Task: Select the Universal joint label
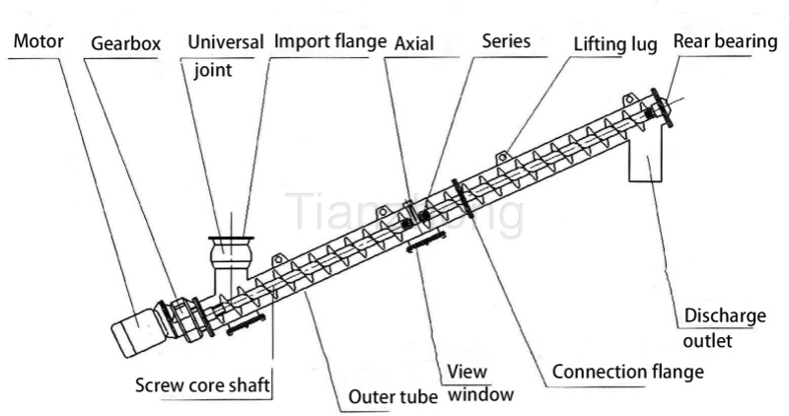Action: (226, 55)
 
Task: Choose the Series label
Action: (507, 41)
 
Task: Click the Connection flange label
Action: (627, 372)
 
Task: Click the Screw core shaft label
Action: (201, 382)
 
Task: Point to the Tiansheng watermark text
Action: (404, 214)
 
